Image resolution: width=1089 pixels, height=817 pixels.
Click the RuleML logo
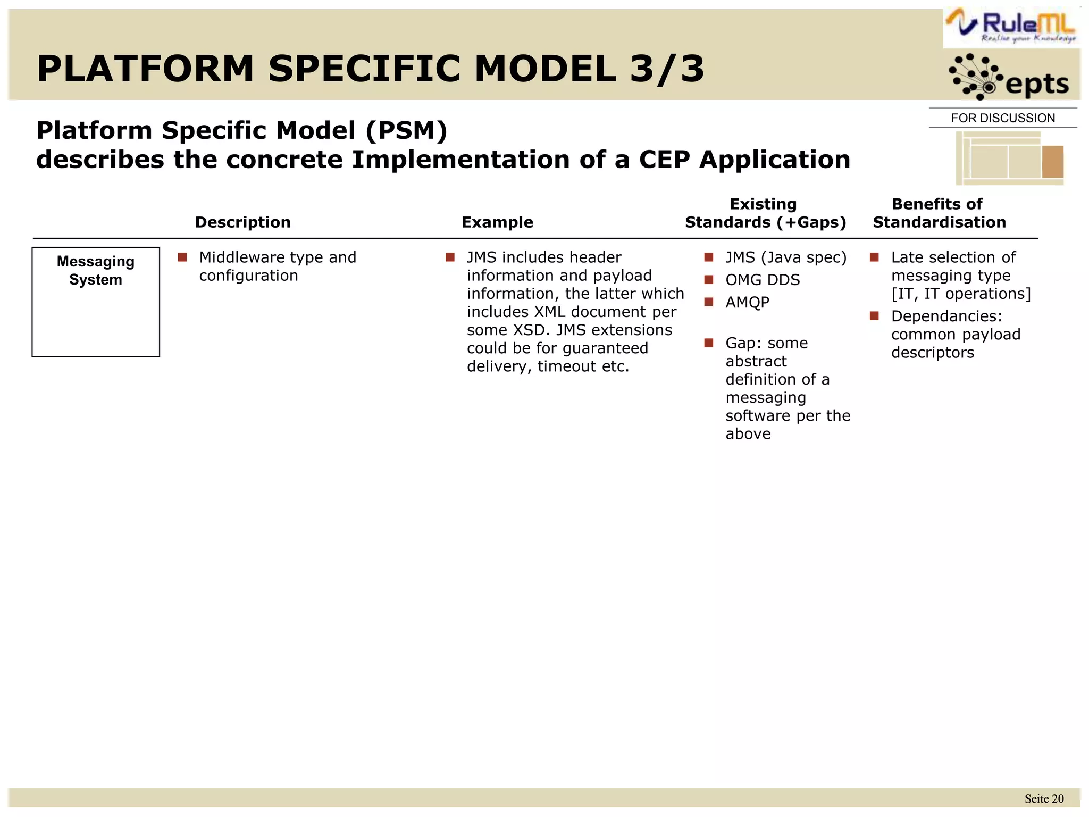coord(1012,27)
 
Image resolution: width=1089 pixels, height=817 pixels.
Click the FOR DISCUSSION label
coord(1003,118)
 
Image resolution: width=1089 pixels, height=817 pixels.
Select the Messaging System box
coord(96,302)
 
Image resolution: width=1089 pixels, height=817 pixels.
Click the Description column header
coord(242,222)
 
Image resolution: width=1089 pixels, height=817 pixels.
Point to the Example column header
coord(497,222)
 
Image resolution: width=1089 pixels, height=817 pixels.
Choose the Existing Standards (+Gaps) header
coord(765,213)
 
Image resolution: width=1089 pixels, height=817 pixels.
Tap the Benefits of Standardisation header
coord(939,213)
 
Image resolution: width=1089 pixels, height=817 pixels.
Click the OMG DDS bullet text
coord(763,280)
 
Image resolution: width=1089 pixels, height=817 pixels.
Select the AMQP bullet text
coord(747,302)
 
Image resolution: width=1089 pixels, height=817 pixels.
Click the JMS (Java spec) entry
coord(785,257)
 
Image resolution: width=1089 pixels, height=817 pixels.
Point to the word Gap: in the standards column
coord(742,343)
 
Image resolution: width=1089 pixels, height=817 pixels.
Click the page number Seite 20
coord(1044,799)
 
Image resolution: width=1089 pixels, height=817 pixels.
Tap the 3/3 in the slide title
coord(667,69)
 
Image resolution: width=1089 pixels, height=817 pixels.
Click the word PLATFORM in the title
coord(145,69)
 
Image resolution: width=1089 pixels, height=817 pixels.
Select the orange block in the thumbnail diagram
coord(1052,161)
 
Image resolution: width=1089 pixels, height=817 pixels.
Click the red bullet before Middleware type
coord(182,257)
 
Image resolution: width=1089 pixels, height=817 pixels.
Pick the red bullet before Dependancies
coord(874,316)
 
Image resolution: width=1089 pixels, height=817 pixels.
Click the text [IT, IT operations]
coord(961,294)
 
